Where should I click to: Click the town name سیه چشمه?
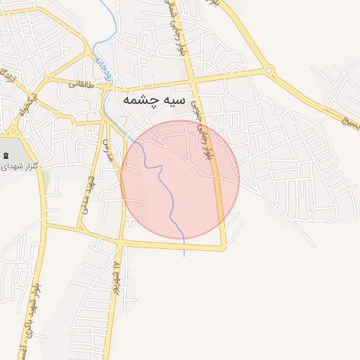154,100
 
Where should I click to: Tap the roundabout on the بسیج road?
268,70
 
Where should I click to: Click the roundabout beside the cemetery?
12,131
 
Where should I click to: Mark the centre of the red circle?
180,180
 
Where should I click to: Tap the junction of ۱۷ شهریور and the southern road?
120,243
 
